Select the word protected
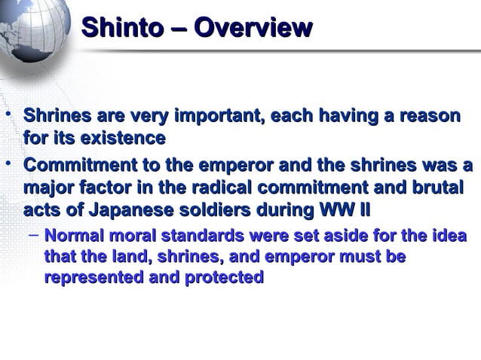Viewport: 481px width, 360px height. (x=221, y=277)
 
